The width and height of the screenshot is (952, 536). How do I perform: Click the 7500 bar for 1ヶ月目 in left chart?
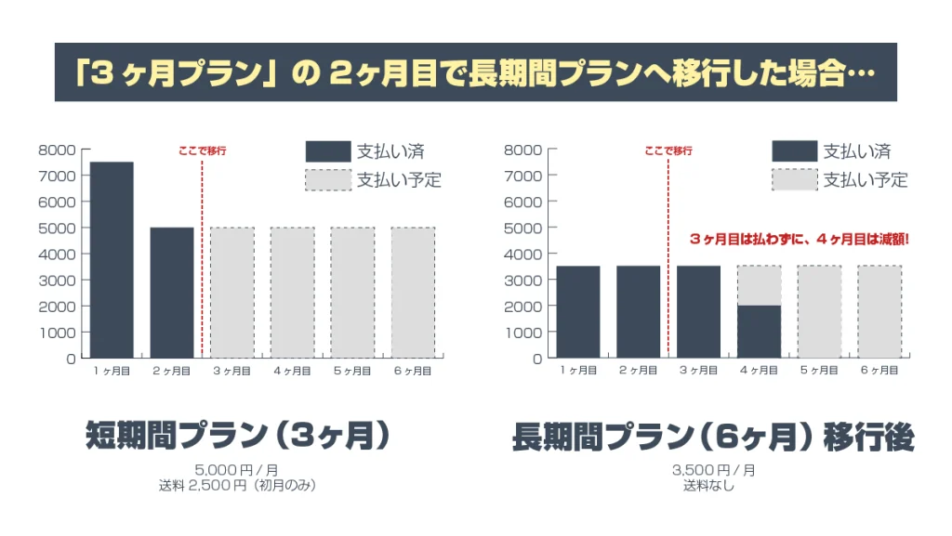(112, 259)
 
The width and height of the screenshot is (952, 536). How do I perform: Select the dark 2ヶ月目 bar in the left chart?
(172, 292)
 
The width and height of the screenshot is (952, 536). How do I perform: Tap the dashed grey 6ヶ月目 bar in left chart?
(413, 292)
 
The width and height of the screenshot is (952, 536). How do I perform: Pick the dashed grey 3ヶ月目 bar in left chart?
(232, 292)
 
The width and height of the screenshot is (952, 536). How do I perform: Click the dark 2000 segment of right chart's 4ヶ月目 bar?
(759, 332)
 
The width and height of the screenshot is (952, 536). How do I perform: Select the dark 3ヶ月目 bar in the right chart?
(698, 311)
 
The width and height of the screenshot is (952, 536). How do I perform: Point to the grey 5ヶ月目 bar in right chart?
(819, 311)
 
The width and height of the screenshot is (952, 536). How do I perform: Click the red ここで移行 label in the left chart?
(202, 150)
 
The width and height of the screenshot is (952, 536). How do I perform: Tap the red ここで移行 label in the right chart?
(668, 150)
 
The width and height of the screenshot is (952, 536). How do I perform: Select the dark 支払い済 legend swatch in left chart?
(327, 151)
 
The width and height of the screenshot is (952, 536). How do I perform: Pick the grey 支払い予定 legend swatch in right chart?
(793, 180)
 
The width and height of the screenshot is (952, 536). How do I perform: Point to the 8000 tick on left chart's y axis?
(58, 150)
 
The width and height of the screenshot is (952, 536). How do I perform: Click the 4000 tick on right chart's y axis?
(523, 254)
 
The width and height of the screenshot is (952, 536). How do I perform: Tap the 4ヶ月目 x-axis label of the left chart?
(292, 371)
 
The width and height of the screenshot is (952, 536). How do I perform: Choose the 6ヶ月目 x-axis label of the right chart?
(879, 371)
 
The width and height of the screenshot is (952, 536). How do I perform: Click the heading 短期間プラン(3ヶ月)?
(237, 436)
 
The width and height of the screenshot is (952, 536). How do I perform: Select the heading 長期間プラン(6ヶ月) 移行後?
(713, 437)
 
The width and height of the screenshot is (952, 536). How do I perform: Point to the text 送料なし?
(713, 484)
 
